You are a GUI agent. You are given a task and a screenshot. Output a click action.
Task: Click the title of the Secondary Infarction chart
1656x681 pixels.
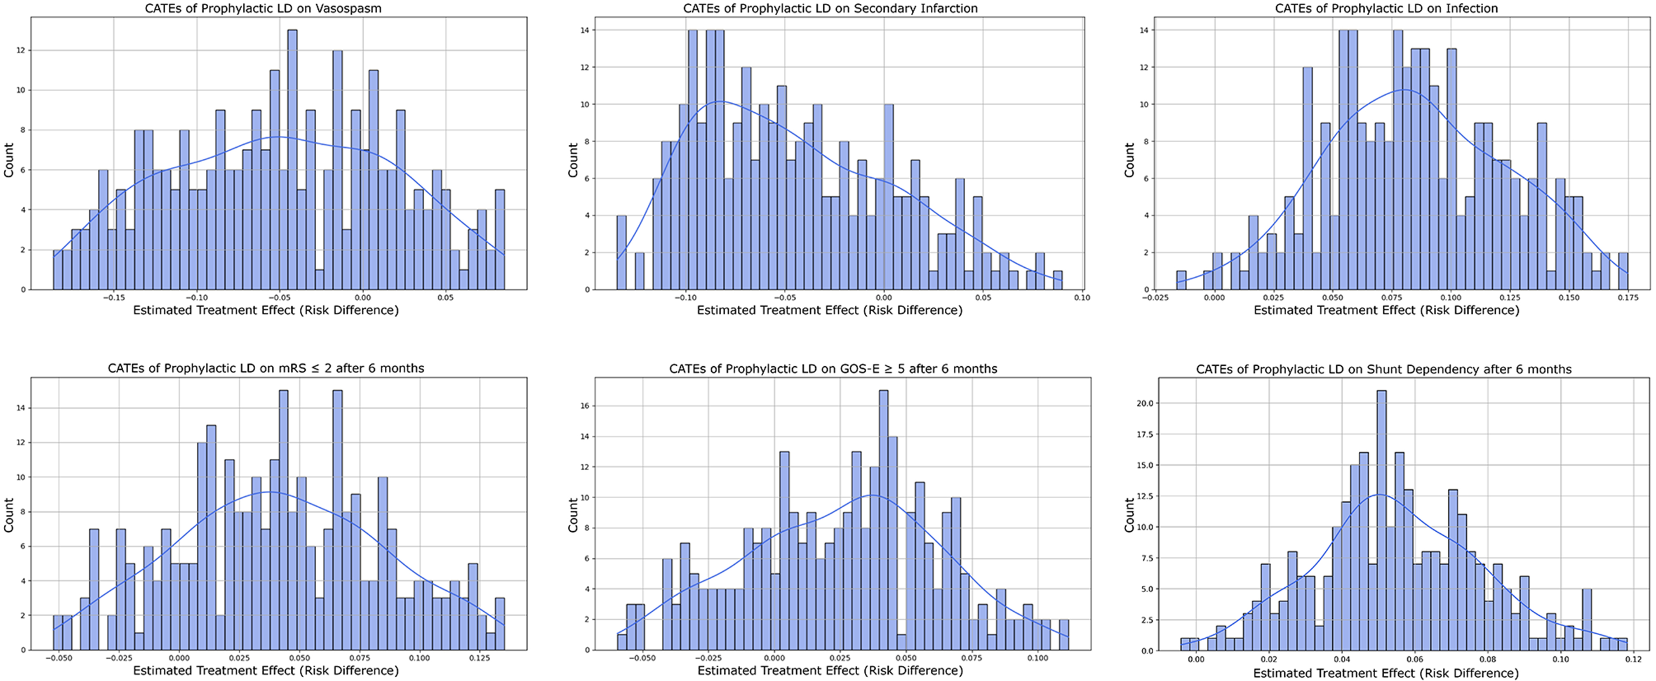[830, 8]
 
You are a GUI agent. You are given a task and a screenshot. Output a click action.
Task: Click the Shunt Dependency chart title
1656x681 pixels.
[1383, 370]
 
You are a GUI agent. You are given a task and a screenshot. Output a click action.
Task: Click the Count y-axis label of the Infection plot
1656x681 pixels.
[1129, 160]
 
